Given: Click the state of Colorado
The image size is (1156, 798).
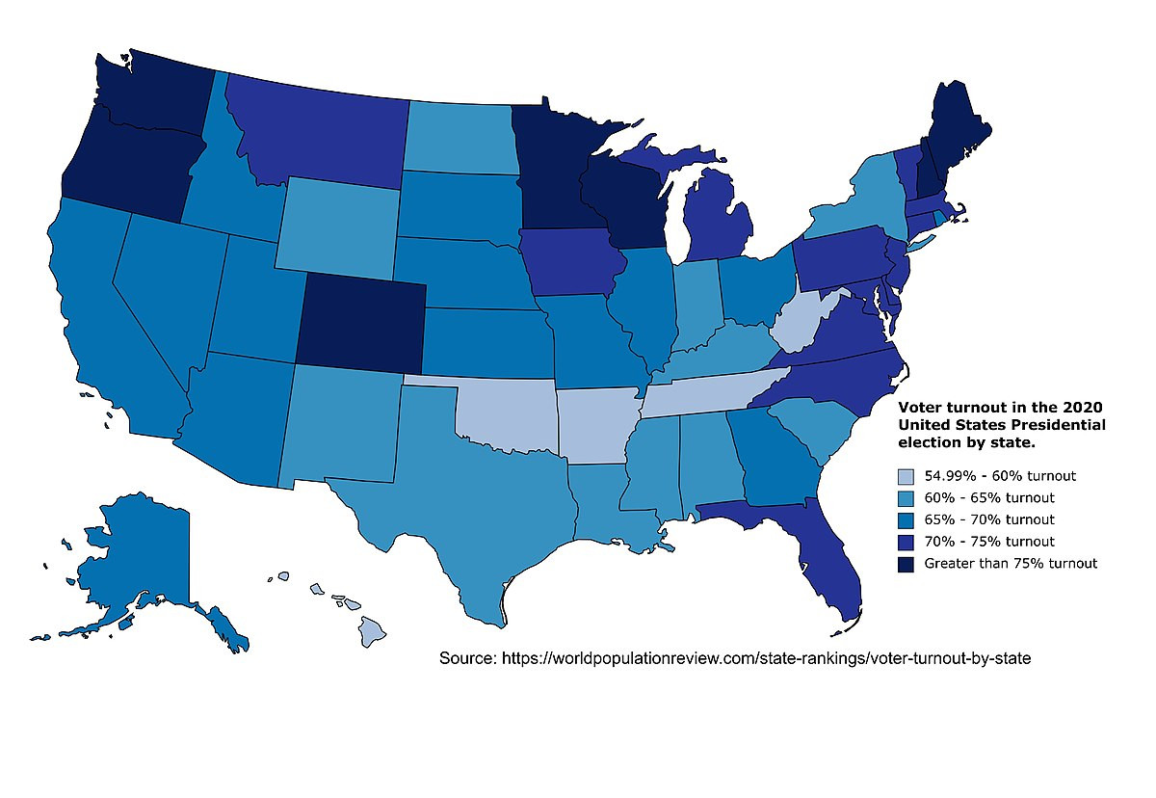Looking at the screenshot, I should pos(361,323).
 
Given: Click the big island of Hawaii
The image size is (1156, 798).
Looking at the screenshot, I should pos(373,631).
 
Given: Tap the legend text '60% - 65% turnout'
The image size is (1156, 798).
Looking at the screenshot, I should pos(989,497).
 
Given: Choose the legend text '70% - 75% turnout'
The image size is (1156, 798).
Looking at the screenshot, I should pos(989,542).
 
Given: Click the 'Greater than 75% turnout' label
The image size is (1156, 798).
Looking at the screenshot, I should pos(1011,563).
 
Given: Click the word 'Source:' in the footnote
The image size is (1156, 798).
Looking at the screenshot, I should pos(467,658).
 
